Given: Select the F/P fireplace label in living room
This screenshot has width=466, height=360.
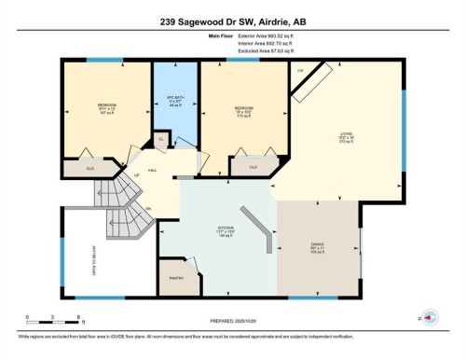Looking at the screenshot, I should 301,71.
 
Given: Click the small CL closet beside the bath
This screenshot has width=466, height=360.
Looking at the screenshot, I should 160,139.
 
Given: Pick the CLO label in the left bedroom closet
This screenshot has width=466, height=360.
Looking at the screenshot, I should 90,168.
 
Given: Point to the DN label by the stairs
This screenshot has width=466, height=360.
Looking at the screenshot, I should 147,208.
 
